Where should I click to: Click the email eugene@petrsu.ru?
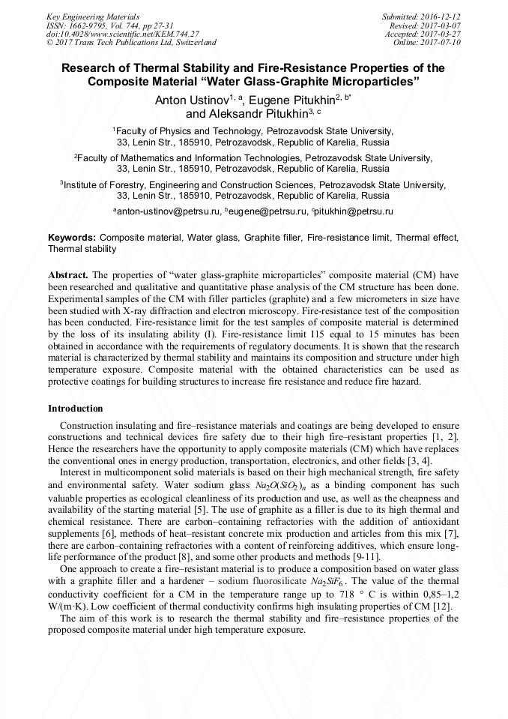coord(268,212)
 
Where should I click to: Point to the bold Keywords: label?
coord(72,238)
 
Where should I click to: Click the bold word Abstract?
coord(69,275)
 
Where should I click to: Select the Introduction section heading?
coord(75,409)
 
